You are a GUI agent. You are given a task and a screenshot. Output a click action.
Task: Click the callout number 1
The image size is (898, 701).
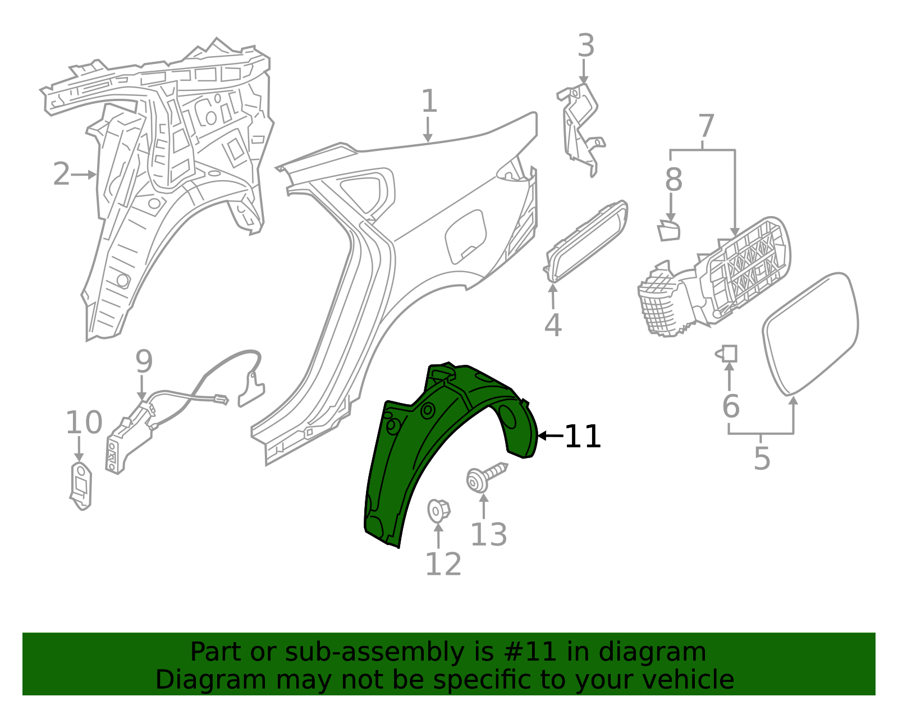click(x=429, y=102)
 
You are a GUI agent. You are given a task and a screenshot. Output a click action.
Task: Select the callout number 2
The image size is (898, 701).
click(x=61, y=175)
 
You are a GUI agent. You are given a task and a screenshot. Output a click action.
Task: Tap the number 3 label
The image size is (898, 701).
click(x=585, y=46)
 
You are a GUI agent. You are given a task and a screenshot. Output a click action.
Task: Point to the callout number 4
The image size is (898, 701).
click(x=553, y=326)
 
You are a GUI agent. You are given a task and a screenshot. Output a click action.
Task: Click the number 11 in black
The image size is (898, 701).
click(x=583, y=437)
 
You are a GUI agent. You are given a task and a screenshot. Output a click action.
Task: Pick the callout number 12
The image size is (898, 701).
click(x=443, y=565)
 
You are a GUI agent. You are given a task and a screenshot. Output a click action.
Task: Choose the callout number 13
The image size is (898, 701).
click(x=488, y=535)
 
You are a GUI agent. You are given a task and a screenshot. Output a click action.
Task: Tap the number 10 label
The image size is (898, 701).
click(x=84, y=423)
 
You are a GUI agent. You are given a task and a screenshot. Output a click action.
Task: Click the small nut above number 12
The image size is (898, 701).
click(x=438, y=510)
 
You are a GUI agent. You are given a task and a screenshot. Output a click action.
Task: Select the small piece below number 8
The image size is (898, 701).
click(x=669, y=231)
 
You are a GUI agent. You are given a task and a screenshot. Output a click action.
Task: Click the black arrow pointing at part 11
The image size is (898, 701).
click(x=550, y=436)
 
